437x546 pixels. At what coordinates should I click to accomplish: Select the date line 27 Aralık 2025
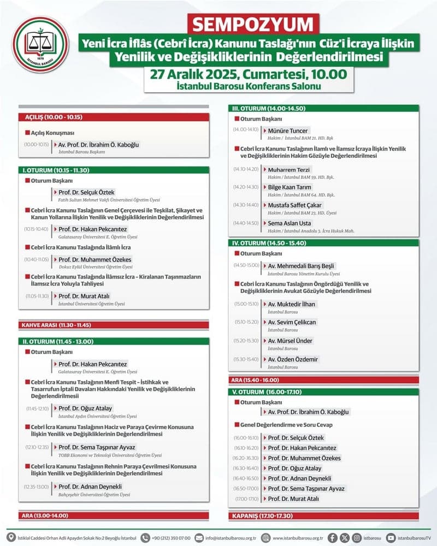[x=252, y=73]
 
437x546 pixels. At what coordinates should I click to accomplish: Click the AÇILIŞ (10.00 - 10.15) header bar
[x=114, y=117]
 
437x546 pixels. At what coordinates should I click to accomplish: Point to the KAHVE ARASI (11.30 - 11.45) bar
[x=114, y=325]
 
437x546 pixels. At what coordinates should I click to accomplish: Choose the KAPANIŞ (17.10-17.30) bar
[x=323, y=515]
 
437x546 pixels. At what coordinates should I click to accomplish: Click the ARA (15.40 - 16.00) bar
[x=323, y=379]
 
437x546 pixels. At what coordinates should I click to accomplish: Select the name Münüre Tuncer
[x=288, y=130]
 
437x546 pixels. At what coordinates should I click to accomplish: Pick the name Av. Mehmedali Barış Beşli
[x=301, y=265]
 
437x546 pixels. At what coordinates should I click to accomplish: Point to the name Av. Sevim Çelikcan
[x=292, y=322]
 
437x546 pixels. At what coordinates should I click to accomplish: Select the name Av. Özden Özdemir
[x=292, y=359]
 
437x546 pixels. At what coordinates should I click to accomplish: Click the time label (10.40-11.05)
[x=37, y=260]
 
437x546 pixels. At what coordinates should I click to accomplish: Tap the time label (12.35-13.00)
[x=37, y=486]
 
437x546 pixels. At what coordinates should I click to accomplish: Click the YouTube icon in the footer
[x=391, y=537]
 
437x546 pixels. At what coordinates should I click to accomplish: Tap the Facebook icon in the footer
[x=333, y=537]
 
